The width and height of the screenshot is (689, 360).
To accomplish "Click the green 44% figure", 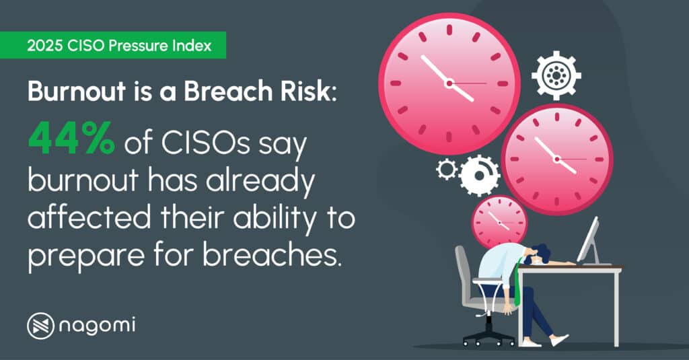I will click(70, 139).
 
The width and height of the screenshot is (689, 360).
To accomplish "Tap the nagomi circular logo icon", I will click(40, 326).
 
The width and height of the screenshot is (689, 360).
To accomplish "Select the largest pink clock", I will click(449, 83).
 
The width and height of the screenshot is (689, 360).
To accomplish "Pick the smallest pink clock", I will click(499, 221).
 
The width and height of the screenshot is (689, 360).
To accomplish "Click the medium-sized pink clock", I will click(556, 159).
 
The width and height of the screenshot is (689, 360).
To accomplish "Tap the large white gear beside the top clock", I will click(556, 75).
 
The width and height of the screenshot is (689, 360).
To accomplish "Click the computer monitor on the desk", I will click(588, 240).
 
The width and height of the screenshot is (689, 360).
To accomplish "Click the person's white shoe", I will click(558, 340).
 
